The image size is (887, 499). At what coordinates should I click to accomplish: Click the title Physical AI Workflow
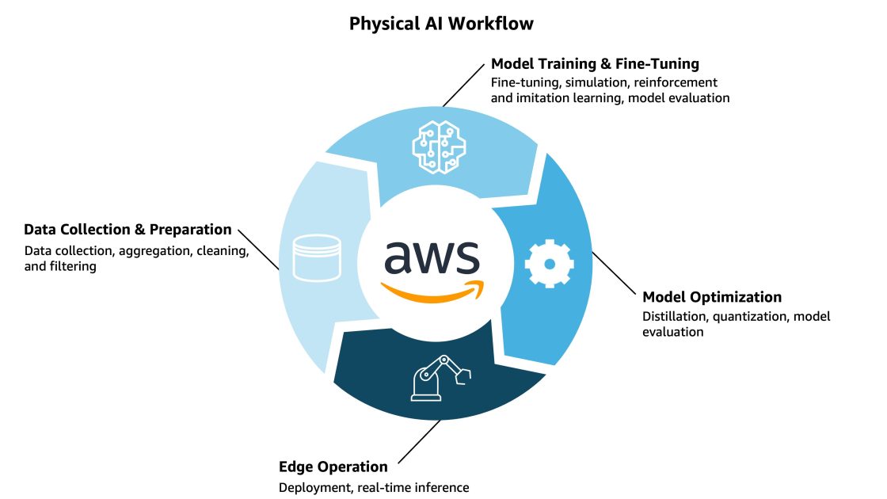(441, 24)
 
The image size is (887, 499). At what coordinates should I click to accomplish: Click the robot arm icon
(440, 378)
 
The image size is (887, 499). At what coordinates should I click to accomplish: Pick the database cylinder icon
(316, 257)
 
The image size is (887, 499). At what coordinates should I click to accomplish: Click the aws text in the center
(432, 257)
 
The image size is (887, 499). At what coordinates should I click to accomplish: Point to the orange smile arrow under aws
(432, 291)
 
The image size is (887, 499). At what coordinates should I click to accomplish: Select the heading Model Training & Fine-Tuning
(595, 63)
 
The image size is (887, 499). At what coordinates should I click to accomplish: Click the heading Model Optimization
(711, 297)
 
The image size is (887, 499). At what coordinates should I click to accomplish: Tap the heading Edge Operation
(333, 467)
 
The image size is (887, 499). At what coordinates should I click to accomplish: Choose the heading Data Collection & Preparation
(128, 230)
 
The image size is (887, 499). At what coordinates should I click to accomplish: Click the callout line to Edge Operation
(420, 442)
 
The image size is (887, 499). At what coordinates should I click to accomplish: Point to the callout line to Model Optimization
(614, 272)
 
